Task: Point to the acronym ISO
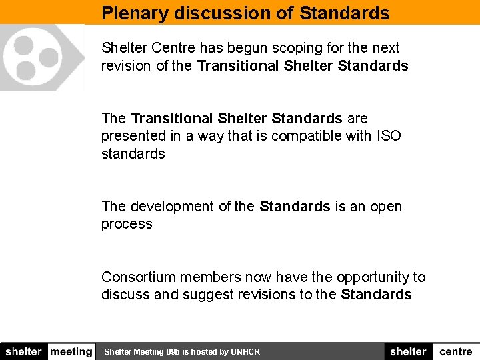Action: pos(389,136)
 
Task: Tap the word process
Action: pos(127,225)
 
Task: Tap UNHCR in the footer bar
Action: pos(245,352)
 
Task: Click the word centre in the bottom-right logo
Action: pos(456,352)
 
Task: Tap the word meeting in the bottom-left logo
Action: pos(71,352)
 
